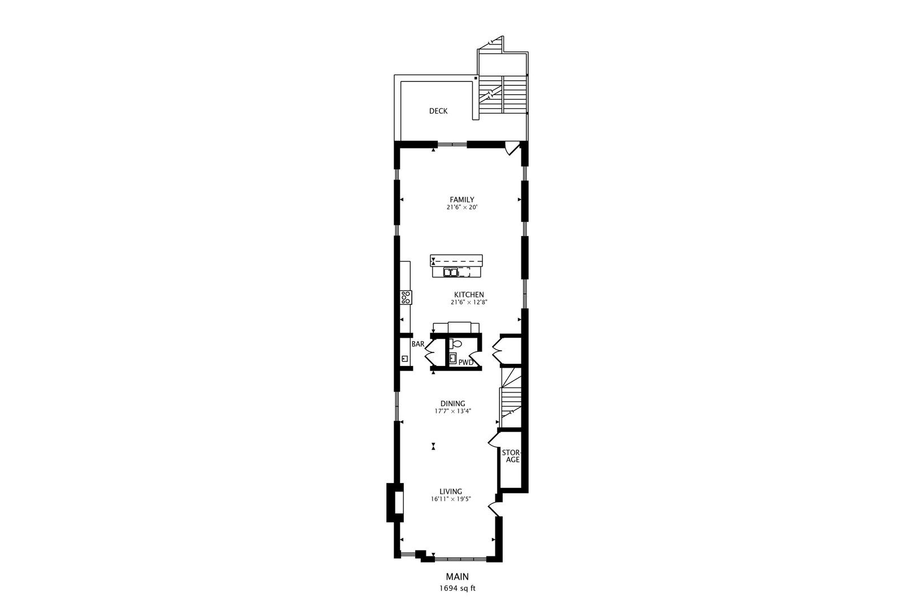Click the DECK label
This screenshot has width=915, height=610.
(x=438, y=111)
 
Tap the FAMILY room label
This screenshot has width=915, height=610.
(x=461, y=199)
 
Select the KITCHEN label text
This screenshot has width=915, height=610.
(x=469, y=295)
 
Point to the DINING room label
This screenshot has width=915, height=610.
(x=452, y=403)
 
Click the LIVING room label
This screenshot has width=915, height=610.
(x=451, y=491)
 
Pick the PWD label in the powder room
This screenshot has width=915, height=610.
(x=465, y=363)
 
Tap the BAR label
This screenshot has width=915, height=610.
(x=417, y=344)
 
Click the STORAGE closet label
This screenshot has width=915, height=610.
(x=512, y=456)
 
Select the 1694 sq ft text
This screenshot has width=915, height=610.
(x=457, y=588)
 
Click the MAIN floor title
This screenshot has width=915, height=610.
(x=457, y=577)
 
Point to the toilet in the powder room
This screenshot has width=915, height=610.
(x=456, y=343)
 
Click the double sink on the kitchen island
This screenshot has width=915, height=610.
(x=451, y=272)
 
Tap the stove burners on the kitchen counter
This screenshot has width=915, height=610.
(x=406, y=297)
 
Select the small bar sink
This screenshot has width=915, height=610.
(x=404, y=359)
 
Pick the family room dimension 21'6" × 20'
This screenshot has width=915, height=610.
(x=461, y=207)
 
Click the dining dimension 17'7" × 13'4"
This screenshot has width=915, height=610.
(x=452, y=411)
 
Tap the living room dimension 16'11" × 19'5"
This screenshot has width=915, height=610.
(x=451, y=499)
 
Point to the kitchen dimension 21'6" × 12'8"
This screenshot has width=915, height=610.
(x=469, y=303)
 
